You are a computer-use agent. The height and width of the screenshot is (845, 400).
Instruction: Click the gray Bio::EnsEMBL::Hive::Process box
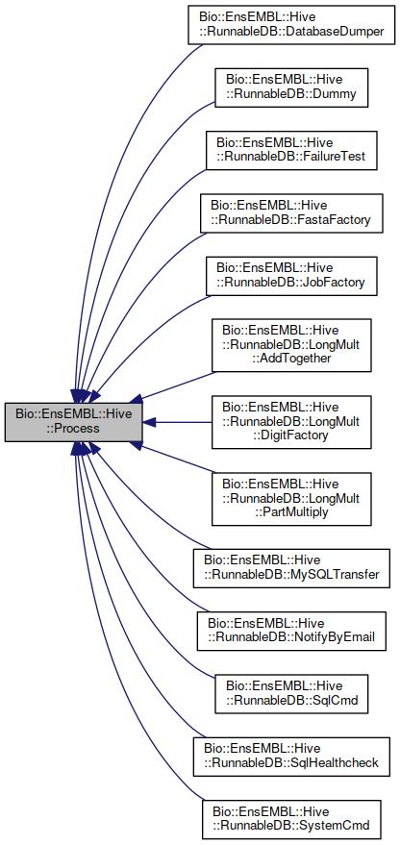[x=74, y=422]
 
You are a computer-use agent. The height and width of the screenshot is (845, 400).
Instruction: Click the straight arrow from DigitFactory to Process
[x=183, y=422]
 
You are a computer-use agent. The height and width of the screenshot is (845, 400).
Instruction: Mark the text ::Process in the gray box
[x=74, y=429]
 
